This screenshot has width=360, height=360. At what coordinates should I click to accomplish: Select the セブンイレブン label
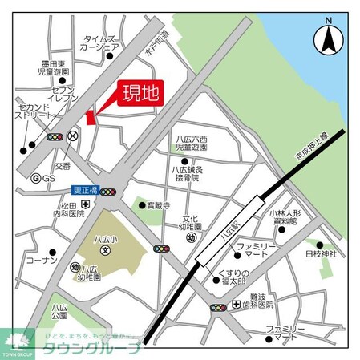click(x=65, y=97)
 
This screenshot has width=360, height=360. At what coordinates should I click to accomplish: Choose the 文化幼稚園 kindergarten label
click(x=190, y=223)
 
